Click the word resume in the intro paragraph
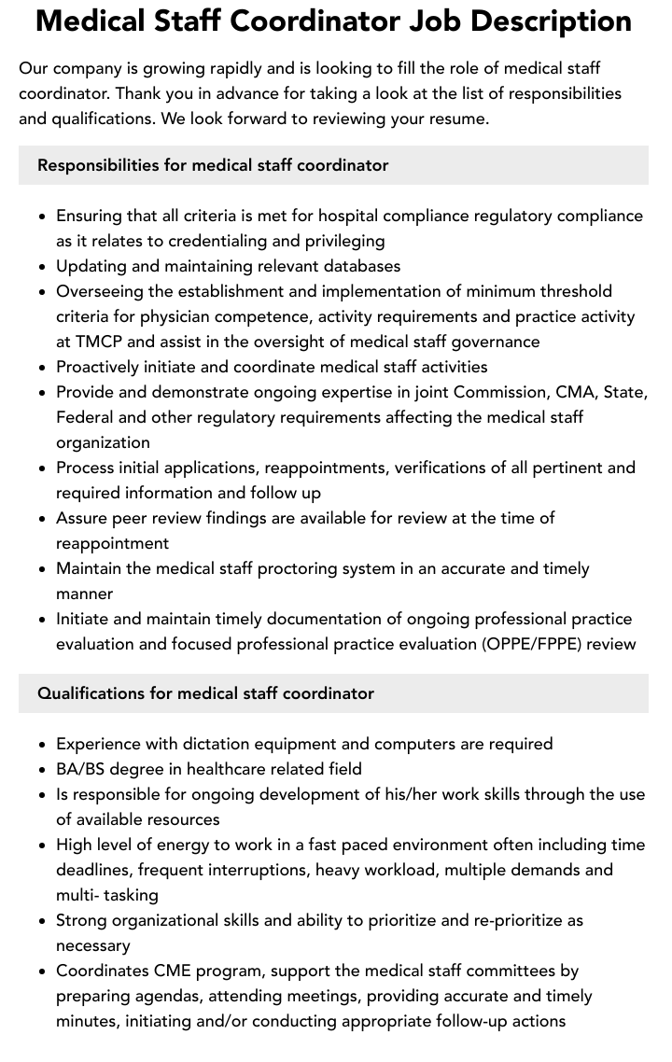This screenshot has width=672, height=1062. pyautogui.click(x=456, y=119)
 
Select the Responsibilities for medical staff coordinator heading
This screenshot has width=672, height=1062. pyautogui.click(x=213, y=165)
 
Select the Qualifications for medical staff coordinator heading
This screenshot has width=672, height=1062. pyautogui.click(x=205, y=693)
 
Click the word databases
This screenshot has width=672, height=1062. pyautogui.click(x=358, y=266)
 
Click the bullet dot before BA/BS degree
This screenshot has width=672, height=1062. pyautogui.click(x=43, y=770)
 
